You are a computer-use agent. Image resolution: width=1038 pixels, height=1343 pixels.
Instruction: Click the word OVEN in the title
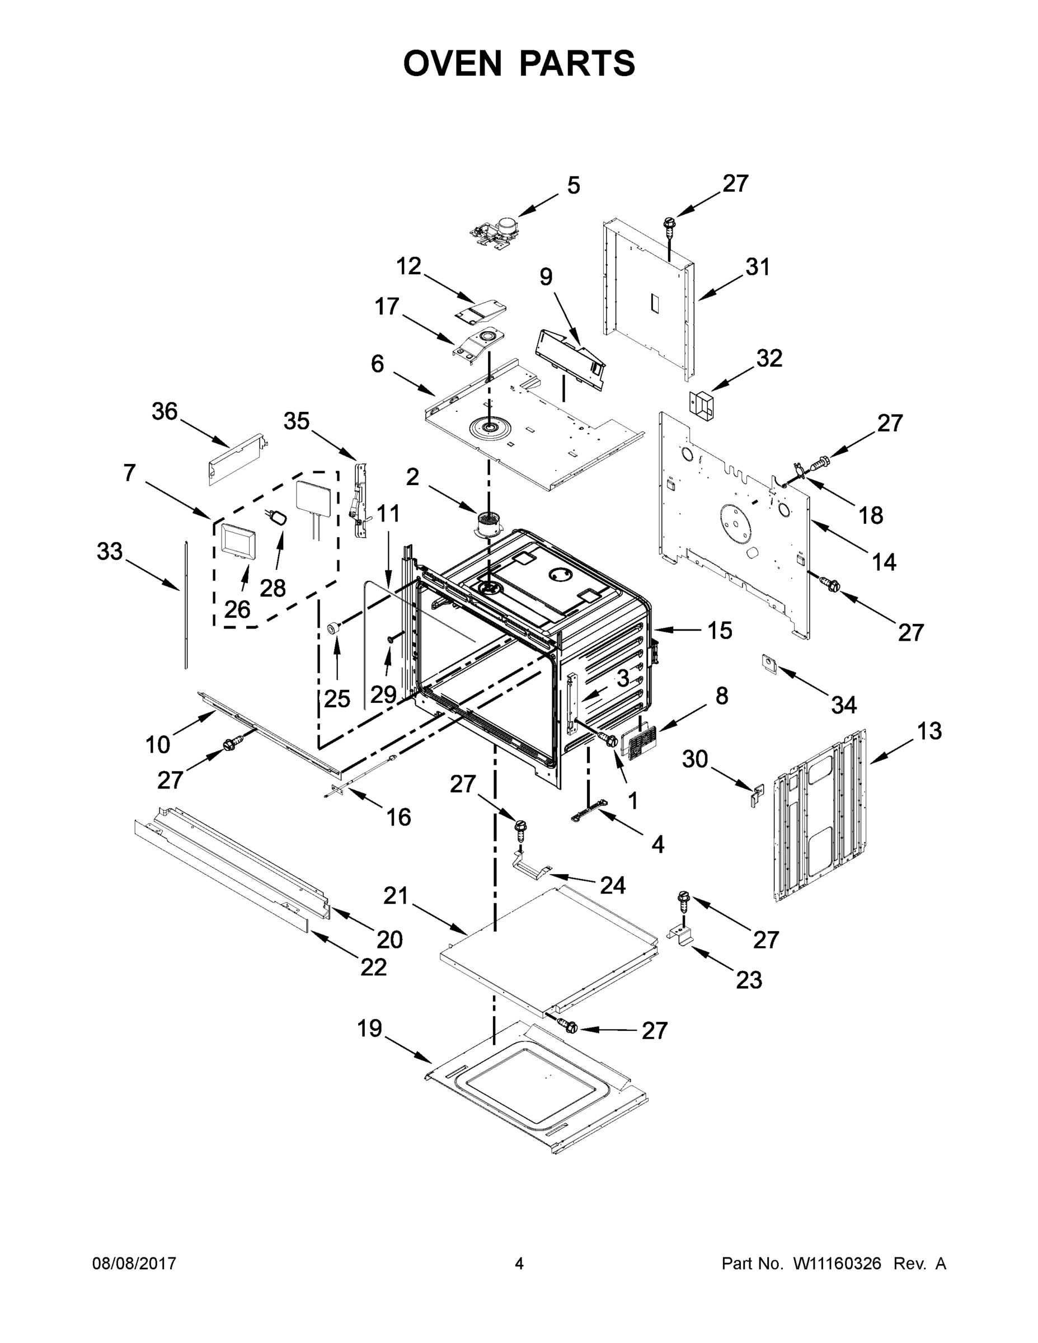[453, 63]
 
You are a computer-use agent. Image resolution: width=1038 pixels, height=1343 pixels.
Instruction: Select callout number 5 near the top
[573, 185]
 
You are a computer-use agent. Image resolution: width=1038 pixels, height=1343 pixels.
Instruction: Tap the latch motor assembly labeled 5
[495, 234]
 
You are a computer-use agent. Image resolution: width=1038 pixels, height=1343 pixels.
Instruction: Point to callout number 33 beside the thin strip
[110, 552]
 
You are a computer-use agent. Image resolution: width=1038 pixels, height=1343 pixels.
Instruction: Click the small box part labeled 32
[702, 405]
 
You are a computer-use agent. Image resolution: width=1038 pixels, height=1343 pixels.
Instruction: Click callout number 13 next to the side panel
[929, 731]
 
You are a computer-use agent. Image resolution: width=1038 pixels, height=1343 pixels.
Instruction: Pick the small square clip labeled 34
[768, 664]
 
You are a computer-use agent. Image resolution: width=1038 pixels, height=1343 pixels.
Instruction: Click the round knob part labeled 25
[334, 628]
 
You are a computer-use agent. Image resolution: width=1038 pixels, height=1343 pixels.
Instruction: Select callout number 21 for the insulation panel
[396, 896]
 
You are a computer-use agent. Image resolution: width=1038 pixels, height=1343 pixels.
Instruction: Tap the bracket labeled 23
[682, 937]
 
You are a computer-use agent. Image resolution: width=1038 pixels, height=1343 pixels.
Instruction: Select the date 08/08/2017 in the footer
[134, 1263]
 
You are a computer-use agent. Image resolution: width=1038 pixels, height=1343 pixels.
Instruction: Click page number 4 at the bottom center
[519, 1263]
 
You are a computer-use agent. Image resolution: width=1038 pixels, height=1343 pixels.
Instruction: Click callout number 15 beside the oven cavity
[719, 630]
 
